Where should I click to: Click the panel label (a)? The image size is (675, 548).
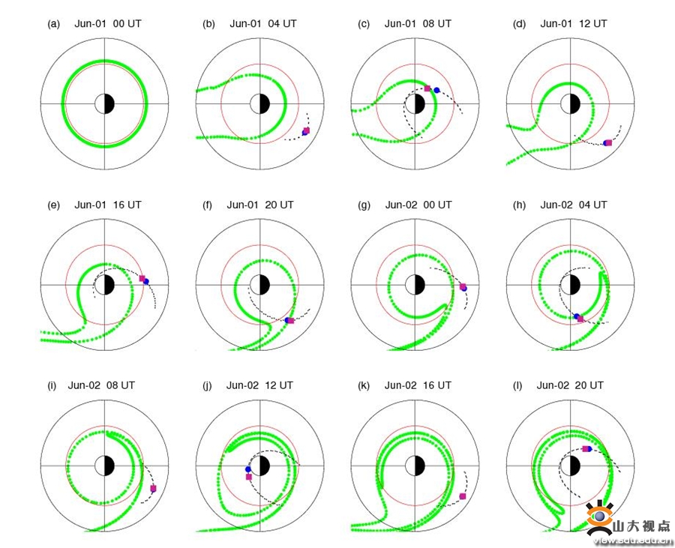coord(53,24)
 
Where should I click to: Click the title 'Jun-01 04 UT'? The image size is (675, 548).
coord(263,24)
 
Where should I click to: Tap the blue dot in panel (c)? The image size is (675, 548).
coord(437,90)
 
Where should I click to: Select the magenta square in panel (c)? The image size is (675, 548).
coord(427,88)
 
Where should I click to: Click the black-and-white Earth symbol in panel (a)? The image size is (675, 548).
coord(104,103)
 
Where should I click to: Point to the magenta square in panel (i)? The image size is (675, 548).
coord(153,488)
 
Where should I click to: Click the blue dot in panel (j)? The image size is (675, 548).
coord(248,469)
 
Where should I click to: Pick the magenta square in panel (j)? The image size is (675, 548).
coord(249,477)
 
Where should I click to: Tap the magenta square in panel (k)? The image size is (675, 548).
coord(463,496)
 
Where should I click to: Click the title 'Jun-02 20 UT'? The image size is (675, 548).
coord(570,385)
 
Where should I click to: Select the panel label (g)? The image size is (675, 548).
coord(364,205)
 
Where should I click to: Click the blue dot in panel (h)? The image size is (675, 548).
coord(577,316)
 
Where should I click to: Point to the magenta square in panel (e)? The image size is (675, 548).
coord(142,278)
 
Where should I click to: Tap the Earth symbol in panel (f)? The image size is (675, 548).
coord(260,285)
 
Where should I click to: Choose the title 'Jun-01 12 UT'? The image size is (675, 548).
coord(574,24)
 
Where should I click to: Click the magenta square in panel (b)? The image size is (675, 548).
coord(307,130)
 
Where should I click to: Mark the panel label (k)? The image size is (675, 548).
coord(364,386)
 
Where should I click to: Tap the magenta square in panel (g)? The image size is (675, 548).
coord(463,286)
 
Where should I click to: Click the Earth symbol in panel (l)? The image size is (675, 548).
coord(571,466)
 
